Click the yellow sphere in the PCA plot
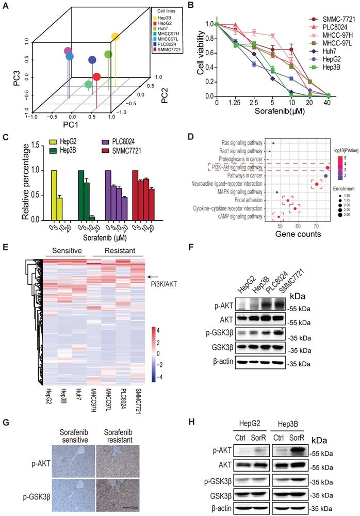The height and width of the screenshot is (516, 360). pyautogui.click(x=116, y=37)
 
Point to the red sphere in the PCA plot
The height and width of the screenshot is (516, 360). pyautogui.click(x=96, y=76)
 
